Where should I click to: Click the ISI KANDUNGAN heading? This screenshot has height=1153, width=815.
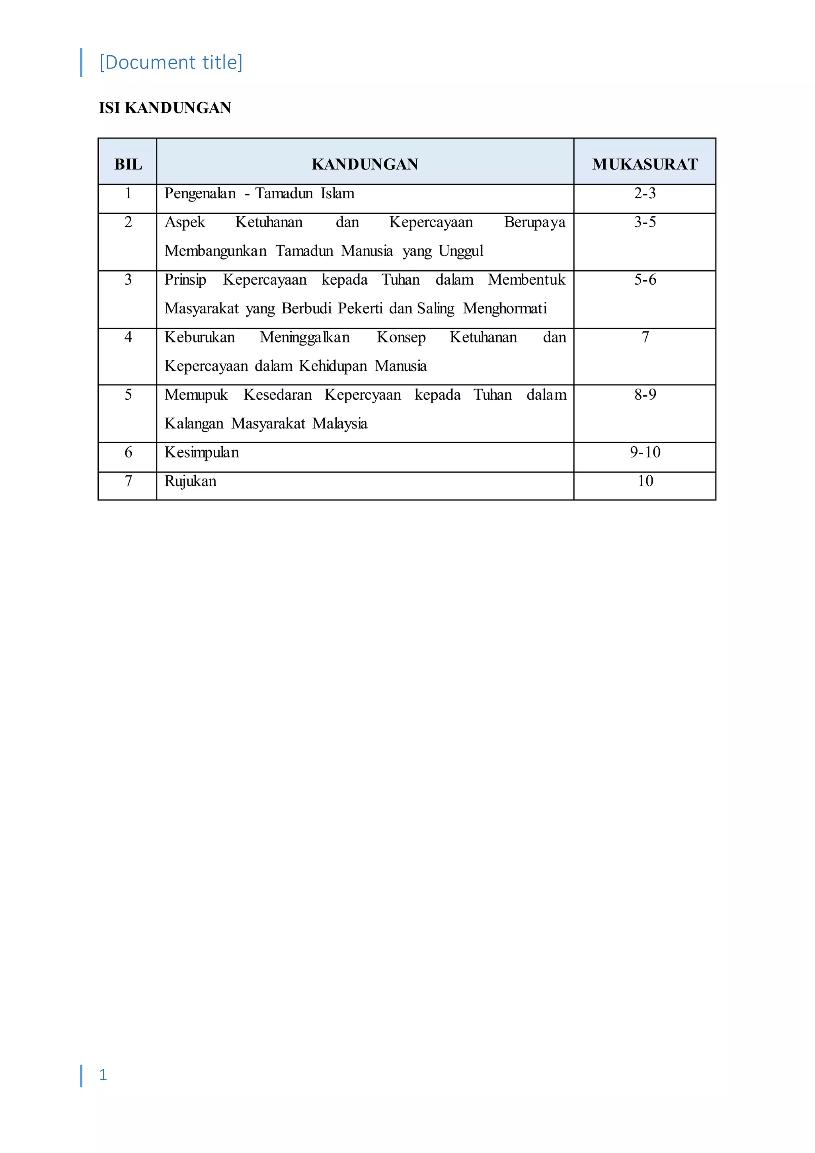pyautogui.click(x=165, y=108)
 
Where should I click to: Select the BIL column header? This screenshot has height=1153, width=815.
pyautogui.click(x=128, y=164)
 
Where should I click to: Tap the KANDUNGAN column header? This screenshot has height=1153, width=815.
pyautogui.click(x=365, y=164)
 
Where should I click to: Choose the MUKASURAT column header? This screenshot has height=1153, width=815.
pyautogui.click(x=645, y=164)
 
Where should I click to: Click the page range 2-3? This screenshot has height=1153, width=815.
pyautogui.click(x=645, y=193)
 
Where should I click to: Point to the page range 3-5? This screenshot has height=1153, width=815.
pyautogui.click(x=645, y=222)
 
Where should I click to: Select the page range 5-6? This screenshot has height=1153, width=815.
pyautogui.click(x=645, y=280)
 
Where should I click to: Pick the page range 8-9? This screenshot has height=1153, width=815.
pyautogui.click(x=645, y=395)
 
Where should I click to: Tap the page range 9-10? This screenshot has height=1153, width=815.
pyautogui.click(x=645, y=452)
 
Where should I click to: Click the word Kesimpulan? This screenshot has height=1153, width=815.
pyautogui.click(x=202, y=452)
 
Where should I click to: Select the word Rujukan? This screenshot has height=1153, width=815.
pyautogui.click(x=191, y=481)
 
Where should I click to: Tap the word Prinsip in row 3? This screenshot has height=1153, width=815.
pyautogui.click(x=185, y=280)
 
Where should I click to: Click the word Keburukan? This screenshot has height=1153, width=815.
pyautogui.click(x=200, y=337)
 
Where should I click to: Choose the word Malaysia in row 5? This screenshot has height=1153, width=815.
pyautogui.click(x=340, y=423)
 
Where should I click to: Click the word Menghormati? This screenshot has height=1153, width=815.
pyautogui.click(x=505, y=308)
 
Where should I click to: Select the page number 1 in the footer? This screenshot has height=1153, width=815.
pyautogui.click(x=103, y=1075)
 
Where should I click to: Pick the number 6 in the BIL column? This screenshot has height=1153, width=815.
pyautogui.click(x=128, y=452)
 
